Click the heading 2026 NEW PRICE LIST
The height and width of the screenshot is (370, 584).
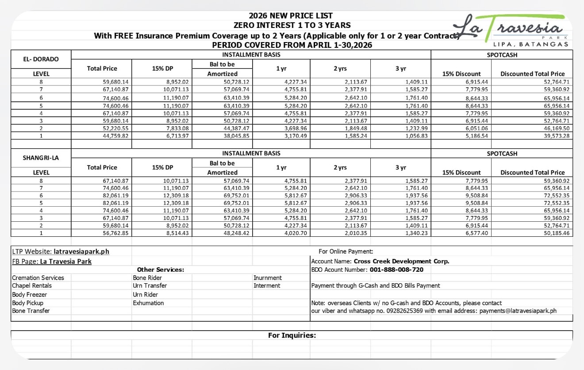coord(291,16)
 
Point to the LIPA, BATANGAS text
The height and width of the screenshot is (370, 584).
coord(530,44)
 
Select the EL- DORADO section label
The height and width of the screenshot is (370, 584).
coord(41,59)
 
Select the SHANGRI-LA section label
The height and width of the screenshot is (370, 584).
coord(41,158)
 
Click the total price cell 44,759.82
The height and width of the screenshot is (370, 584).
coord(116,135)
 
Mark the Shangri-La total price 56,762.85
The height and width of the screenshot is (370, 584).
coord(116,234)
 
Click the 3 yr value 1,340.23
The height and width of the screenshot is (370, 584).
coord(417,234)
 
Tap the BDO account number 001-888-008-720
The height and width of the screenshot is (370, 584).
coord(390,269)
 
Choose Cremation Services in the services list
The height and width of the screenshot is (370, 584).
coord(38,277)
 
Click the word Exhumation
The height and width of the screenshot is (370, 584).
coord(148,303)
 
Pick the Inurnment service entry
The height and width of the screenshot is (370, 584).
coord(268,277)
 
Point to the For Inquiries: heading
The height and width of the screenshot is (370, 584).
coord(292,335)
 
